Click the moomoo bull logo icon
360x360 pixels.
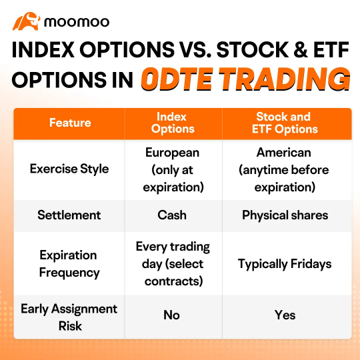[x=26, y=21]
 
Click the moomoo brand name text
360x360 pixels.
[x=76, y=22]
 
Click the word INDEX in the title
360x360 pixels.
[x=52, y=51]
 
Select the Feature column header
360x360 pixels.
[x=69, y=123]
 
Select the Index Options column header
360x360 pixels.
[x=172, y=123]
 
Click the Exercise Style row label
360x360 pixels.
[x=69, y=169]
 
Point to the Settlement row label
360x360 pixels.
[x=69, y=215]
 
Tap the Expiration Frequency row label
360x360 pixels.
[x=69, y=263]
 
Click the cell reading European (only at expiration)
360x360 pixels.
[x=172, y=169]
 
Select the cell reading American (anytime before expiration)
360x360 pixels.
[x=284, y=169]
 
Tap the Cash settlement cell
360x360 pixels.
[x=172, y=215]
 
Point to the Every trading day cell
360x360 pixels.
[x=172, y=263]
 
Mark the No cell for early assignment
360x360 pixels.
[x=172, y=315]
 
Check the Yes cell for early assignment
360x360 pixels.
[x=285, y=315]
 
